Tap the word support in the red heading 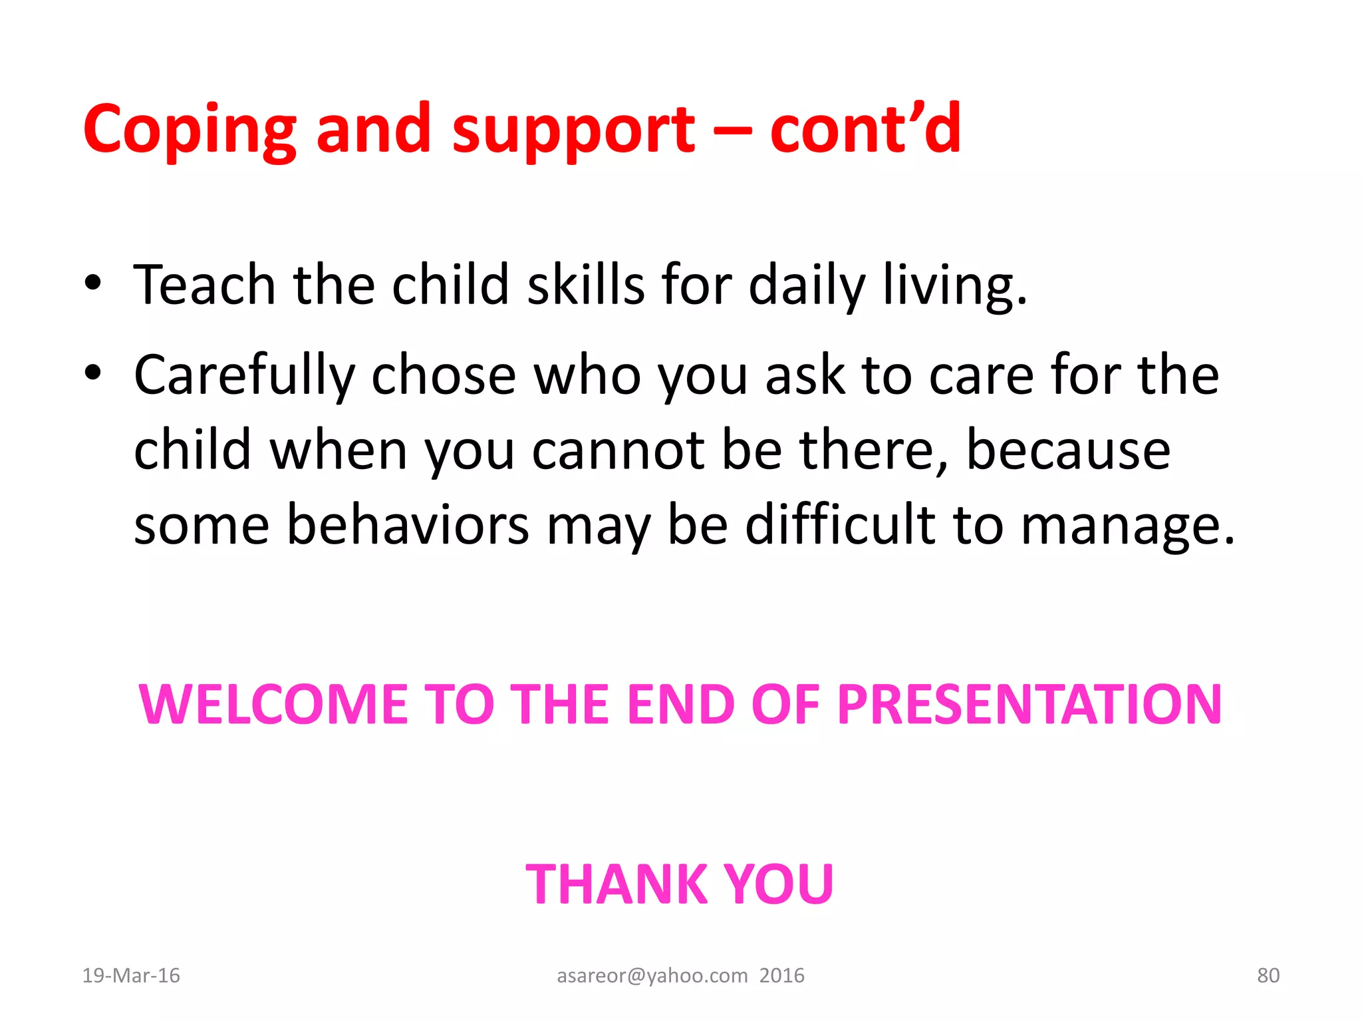pos(573,130)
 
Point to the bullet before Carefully pos(93,373)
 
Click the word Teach pos(204,285)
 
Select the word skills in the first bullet pos(586,285)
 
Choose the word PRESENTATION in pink pos(1029,705)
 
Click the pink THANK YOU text pos(680,884)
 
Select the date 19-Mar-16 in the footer pos(131,975)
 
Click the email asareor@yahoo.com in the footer pos(652,975)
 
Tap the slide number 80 pos(1268,975)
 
